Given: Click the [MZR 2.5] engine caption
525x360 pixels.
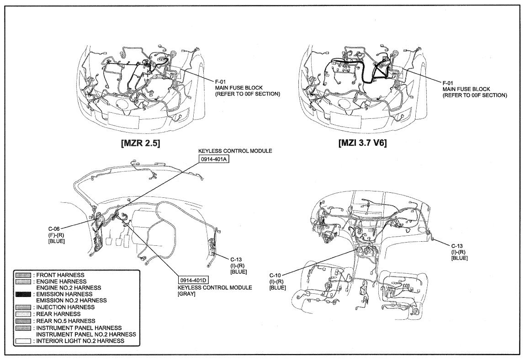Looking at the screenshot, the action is click(x=141, y=143).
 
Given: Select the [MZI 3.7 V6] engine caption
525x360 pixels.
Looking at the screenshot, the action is click(x=363, y=143).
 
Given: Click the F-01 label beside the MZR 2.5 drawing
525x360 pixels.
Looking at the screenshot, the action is click(x=221, y=81).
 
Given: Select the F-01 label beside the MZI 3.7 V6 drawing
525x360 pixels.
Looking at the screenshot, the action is click(x=448, y=83).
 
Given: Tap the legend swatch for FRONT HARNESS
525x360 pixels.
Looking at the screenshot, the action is click(x=23, y=275).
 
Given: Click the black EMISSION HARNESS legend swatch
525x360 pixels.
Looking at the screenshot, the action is click(x=23, y=294).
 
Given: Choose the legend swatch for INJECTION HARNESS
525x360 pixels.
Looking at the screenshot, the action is click(x=23, y=307).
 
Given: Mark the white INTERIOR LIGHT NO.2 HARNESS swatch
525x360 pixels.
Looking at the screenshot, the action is click(x=23, y=341).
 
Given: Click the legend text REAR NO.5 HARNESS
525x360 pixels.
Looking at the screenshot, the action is click(x=66, y=321).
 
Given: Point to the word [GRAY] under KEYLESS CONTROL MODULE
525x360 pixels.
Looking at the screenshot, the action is click(x=186, y=294).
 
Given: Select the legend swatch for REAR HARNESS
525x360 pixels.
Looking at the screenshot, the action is click(x=23, y=314).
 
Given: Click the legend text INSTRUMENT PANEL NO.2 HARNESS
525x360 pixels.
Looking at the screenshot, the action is click(x=86, y=334).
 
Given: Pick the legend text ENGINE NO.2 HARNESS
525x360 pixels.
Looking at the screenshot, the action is click(x=68, y=288).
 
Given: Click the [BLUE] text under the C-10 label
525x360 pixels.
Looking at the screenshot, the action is click(x=278, y=288).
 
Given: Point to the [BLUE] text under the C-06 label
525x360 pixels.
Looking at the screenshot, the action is click(x=57, y=241).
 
